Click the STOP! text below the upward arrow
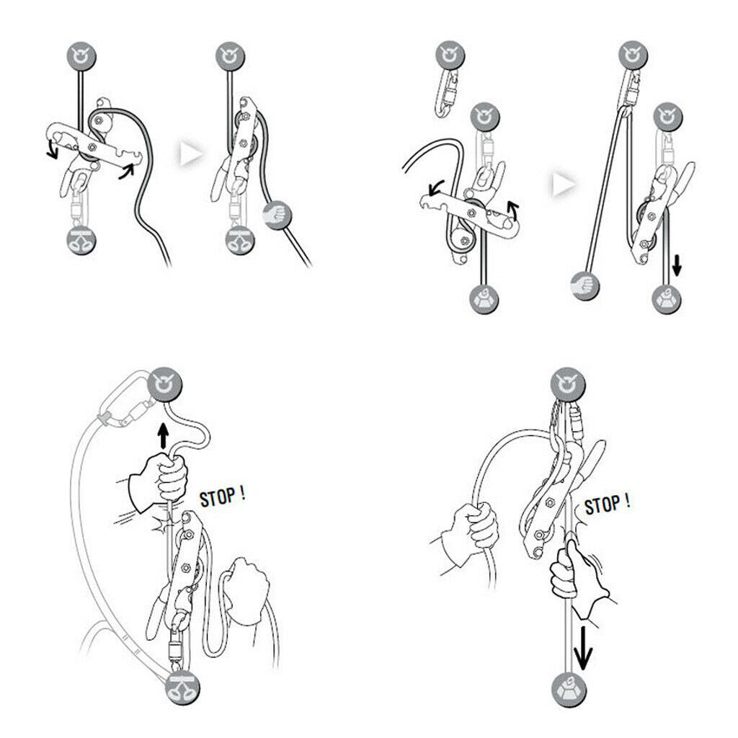coord(222,497)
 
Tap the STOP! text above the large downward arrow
coord(607,504)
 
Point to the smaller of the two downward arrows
coord(677,265)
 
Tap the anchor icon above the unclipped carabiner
coord(450,55)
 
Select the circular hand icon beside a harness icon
coord(277,216)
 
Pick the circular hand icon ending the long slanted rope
coord(584,285)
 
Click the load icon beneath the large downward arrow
coord(569,690)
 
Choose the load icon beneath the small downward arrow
coord(667,299)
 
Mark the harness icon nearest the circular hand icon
coord(240,241)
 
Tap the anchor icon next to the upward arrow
coord(165,383)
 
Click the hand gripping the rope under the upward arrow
coord(158,482)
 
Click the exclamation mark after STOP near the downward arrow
coord(628,502)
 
